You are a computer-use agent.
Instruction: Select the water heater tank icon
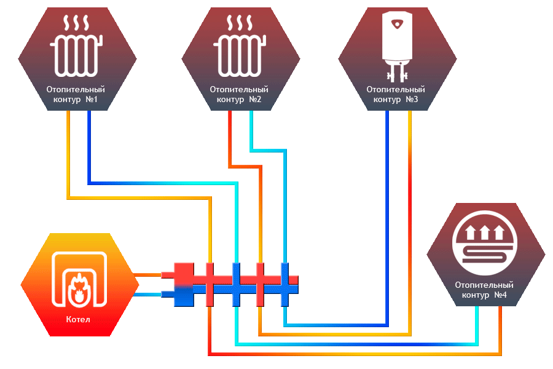pyautogui.click(x=397, y=46)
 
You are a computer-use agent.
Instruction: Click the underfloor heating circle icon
pyautogui.click(x=485, y=243)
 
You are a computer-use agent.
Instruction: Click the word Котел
pyautogui.click(x=78, y=320)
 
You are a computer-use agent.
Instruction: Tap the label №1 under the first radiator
pyautogui.click(x=92, y=99)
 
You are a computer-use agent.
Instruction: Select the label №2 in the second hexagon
pyautogui.click(x=255, y=99)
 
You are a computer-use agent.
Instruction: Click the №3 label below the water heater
pyautogui.click(x=412, y=99)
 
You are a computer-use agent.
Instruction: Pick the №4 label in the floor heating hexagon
pyautogui.click(x=500, y=295)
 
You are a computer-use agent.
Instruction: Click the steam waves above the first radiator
pyautogui.click(x=76, y=23)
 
